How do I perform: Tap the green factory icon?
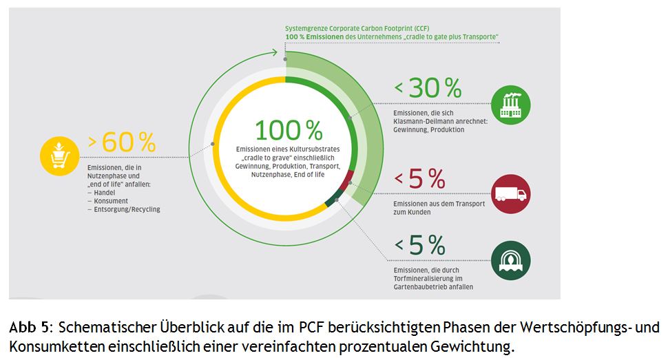click(x=510, y=105)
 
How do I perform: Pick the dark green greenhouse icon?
click(x=510, y=260)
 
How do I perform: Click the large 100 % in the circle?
click(x=289, y=131)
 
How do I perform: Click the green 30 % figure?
click(x=435, y=88)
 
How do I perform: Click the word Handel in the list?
click(x=104, y=193)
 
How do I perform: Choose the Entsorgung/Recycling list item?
click(x=127, y=209)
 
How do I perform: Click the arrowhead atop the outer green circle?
click(x=275, y=52)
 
